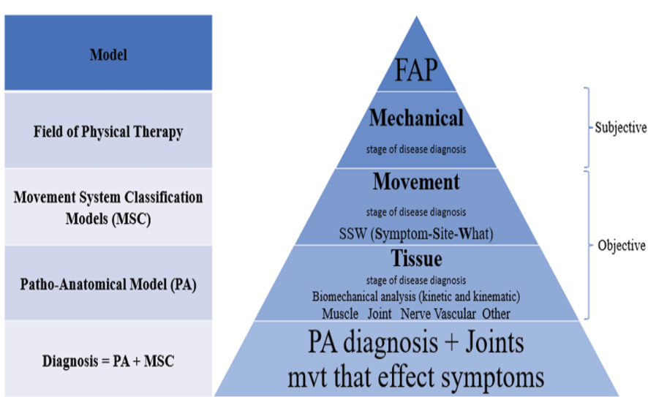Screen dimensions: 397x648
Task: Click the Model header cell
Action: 108,54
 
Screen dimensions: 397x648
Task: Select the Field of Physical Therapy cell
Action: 108,132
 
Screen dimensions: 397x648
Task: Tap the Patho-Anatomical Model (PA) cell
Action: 108,282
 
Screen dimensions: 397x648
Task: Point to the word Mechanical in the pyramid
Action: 416,117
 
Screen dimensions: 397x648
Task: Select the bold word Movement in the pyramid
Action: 416,181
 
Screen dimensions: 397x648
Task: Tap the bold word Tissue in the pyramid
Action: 416,258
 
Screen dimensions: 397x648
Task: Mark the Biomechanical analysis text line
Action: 416,298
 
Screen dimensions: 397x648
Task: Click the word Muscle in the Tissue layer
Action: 340,313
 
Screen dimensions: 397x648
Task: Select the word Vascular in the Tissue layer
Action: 458,313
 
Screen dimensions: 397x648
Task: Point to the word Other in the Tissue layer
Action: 496,313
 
